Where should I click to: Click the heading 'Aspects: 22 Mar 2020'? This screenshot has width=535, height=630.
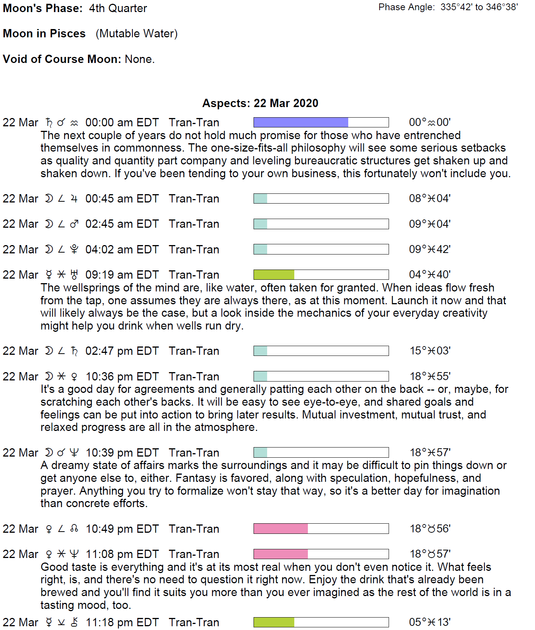click(260, 103)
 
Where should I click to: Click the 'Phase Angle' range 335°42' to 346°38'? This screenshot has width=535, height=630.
click(479, 7)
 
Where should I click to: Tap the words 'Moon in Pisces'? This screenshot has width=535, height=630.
click(44, 34)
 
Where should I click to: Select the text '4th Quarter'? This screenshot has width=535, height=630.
click(118, 8)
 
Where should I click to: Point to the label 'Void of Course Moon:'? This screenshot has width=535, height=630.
click(62, 59)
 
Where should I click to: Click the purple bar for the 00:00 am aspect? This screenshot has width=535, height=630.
click(301, 122)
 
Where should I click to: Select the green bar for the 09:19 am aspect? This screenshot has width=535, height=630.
click(274, 274)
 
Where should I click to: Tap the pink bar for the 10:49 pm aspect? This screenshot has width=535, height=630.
click(281, 529)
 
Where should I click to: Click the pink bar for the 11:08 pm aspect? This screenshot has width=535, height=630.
click(281, 554)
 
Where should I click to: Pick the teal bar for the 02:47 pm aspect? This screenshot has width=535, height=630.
click(260, 351)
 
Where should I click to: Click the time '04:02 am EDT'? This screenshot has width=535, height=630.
click(122, 250)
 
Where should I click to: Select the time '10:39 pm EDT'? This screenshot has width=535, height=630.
click(122, 452)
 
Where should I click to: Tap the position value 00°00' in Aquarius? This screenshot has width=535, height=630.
click(430, 122)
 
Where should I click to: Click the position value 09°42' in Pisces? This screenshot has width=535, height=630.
click(430, 249)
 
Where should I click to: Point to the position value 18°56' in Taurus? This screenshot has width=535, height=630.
click(430, 529)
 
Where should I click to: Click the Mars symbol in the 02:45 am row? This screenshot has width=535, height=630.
click(74, 224)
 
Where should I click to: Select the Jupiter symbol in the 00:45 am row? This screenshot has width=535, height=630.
click(74, 199)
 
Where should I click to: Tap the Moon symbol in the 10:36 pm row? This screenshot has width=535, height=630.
click(49, 376)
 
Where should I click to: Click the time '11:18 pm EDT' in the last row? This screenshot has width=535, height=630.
click(122, 622)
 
